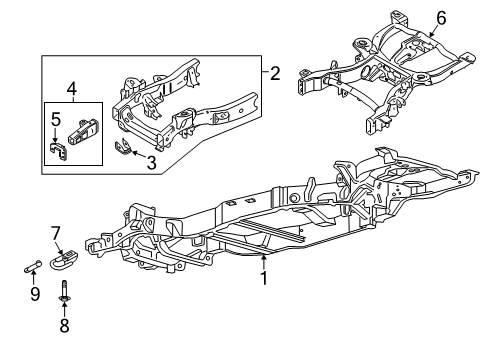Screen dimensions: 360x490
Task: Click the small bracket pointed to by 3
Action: pos(126,150)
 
